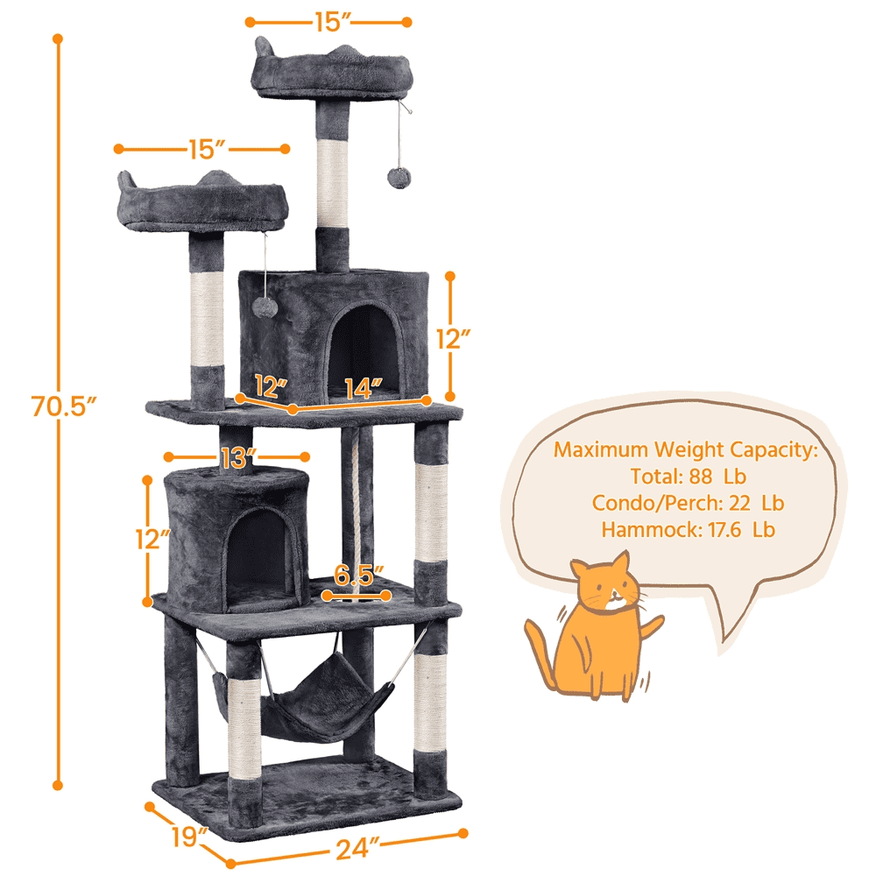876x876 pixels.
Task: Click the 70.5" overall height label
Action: pyautogui.click(x=64, y=406)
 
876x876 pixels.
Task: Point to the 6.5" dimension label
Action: pyautogui.click(x=359, y=574)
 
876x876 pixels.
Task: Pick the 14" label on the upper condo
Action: pyautogui.click(x=364, y=389)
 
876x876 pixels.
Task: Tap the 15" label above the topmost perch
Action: pyautogui.click(x=332, y=23)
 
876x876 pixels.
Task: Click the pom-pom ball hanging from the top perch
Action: pyautogui.click(x=399, y=177)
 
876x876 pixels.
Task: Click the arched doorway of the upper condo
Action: pyautogui.click(x=364, y=351)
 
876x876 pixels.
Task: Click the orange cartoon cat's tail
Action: pyautogui.click(x=540, y=654)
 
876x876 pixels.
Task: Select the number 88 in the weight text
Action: pyautogui.click(x=701, y=477)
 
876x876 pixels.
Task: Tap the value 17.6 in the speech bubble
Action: pyautogui.click(x=724, y=530)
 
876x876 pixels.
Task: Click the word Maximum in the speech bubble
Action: pyautogui.click(x=601, y=449)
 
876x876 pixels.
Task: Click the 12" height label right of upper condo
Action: pyautogui.click(x=453, y=338)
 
